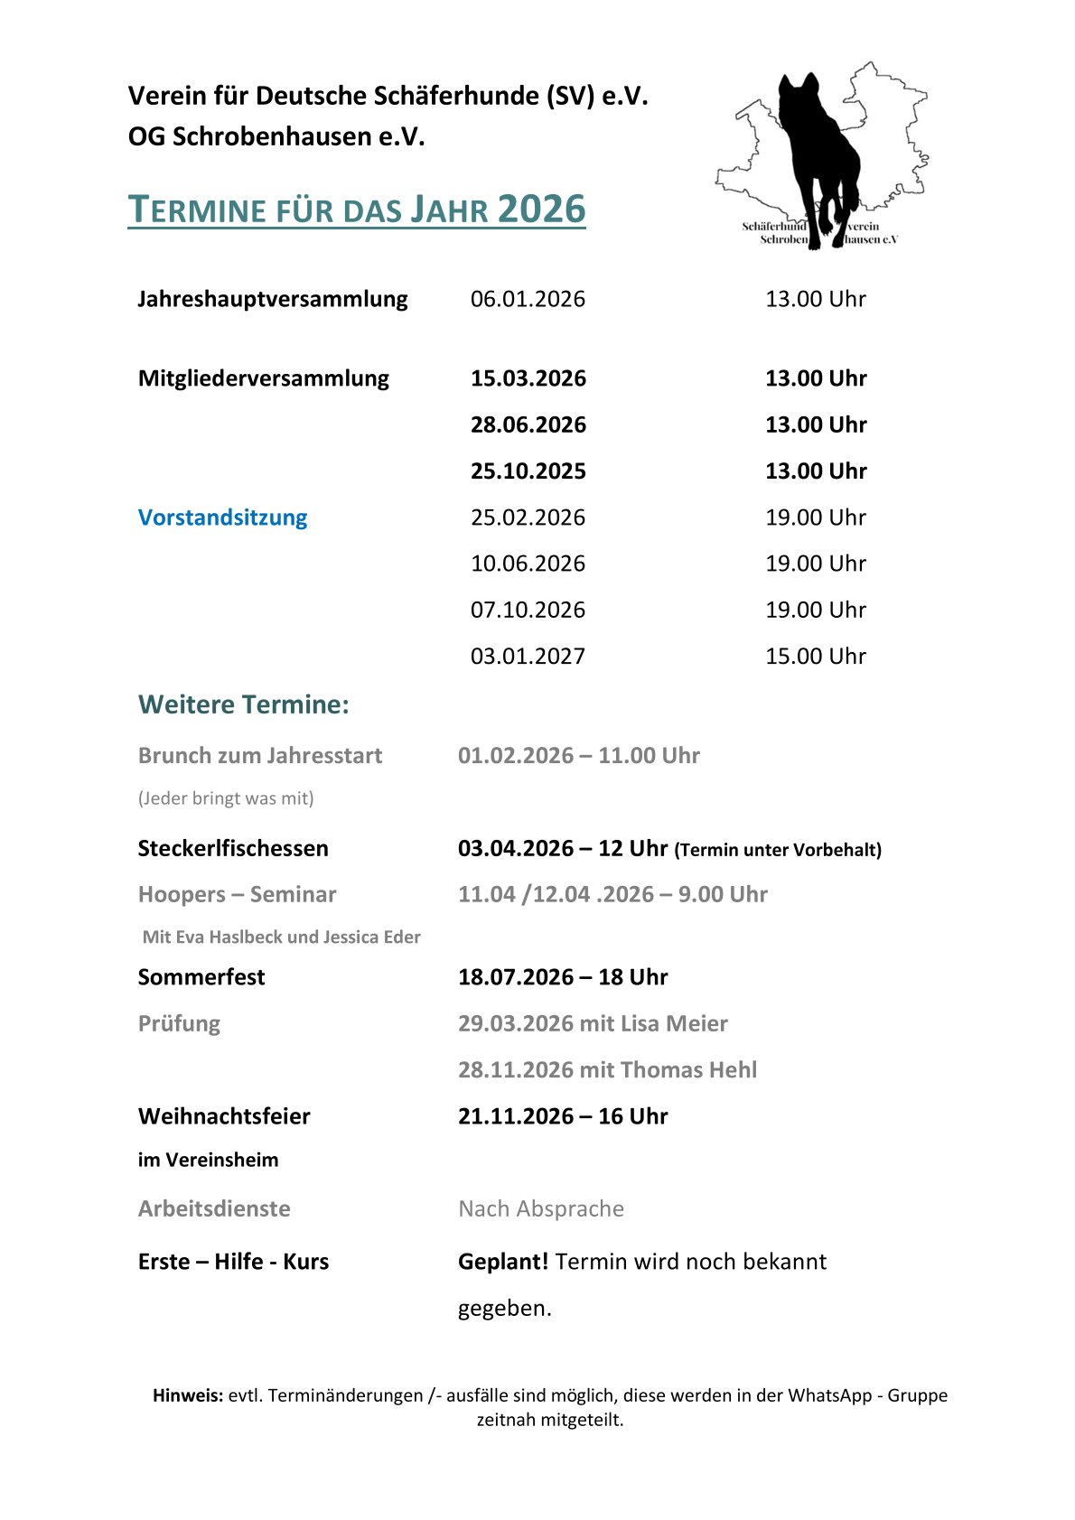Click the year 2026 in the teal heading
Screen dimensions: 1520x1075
541,210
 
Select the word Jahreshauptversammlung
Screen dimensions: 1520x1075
273,299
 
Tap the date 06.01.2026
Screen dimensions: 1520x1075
528,299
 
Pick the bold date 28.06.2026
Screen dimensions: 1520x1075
528,424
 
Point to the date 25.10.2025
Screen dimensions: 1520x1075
528,471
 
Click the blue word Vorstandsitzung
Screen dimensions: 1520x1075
222,518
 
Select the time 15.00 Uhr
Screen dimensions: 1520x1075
815,657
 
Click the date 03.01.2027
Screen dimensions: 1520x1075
528,657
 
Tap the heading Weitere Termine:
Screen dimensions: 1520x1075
243,704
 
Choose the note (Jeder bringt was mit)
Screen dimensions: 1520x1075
226,798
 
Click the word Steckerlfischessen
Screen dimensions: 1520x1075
233,848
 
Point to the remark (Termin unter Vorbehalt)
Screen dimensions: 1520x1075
778,850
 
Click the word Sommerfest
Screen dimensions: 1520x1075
201,977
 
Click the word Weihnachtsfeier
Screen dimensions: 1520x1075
224,1116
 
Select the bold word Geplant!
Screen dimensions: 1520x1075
503,1262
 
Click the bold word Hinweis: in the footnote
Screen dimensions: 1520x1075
188,1395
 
